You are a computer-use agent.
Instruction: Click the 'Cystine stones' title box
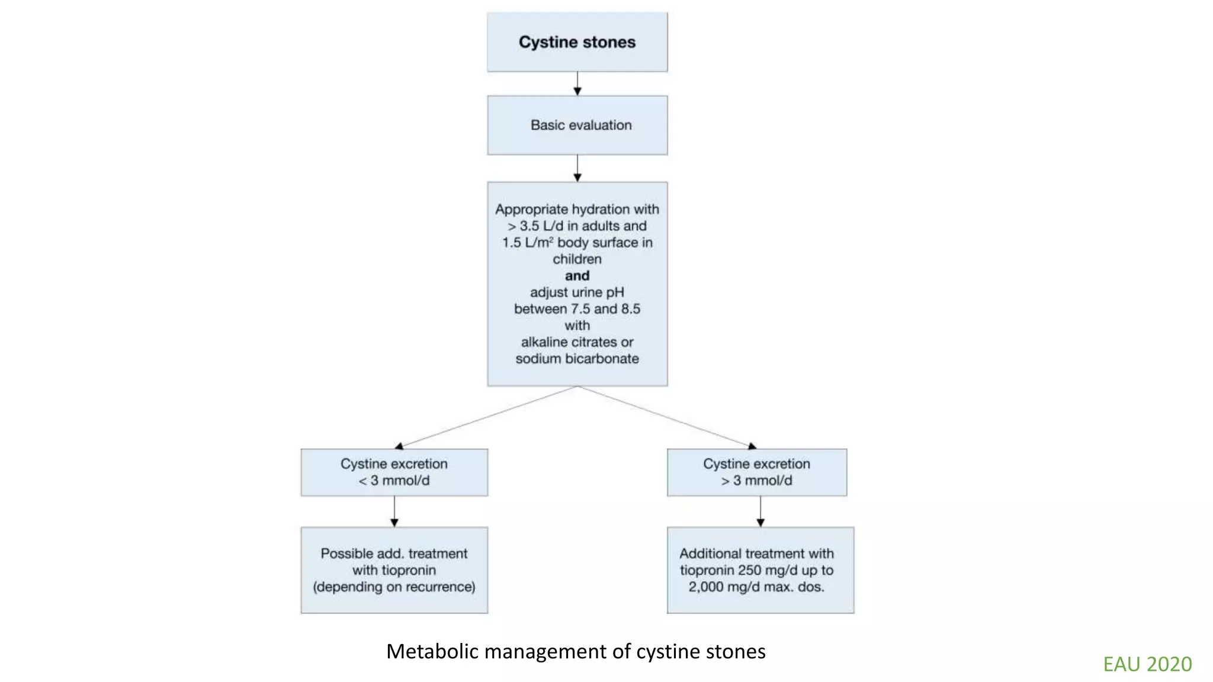pyautogui.click(x=577, y=42)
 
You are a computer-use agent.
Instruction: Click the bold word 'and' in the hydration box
pyautogui.click(x=577, y=275)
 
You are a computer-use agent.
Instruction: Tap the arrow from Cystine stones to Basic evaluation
pyautogui.click(x=577, y=83)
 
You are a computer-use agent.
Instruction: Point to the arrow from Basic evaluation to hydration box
pyautogui.click(x=577, y=168)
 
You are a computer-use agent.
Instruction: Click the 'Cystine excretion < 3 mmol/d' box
pyautogui.click(x=394, y=472)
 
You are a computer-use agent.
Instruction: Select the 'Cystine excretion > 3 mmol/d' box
pyautogui.click(x=756, y=472)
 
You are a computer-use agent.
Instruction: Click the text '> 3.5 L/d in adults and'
pyautogui.click(x=577, y=226)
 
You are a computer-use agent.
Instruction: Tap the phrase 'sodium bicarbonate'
pyautogui.click(x=577, y=358)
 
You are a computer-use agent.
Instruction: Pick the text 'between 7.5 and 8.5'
pyautogui.click(x=577, y=308)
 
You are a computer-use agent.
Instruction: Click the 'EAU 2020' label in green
pyautogui.click(x=1147, y=664)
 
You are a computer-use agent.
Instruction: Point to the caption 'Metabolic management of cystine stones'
pyautogui.click(x=576, y=651)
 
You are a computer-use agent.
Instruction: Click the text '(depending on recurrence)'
pyautogui.click(x=394, y=587)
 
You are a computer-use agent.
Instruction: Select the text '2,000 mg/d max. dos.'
pyautogui.click(x=756, y=587)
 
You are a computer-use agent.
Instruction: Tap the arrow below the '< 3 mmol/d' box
pyautogui.click(x=394, y=511)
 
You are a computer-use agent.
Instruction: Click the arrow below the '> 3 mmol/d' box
pyautogui.click(x=760, y=511)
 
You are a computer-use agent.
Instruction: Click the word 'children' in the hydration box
pyautogui.click(x=577, y=259)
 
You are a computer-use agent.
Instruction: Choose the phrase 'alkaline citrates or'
pyautogui.click(x=577, y=342)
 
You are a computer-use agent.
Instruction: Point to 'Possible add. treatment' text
pyautogui.click(x=394, y=553)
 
